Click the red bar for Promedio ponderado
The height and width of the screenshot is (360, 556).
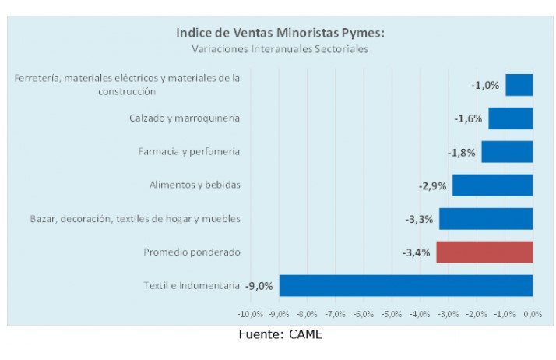(x=484, y=252)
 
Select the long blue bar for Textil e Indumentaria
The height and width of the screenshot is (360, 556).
(x=406, y=286)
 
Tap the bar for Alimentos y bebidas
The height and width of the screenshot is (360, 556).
(x=492, y=185)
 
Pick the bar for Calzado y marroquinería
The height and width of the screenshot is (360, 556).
(x=510, y=118)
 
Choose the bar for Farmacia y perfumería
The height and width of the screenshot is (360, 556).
(x=507, y=152)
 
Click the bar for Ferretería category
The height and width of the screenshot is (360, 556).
(x=519, y=85)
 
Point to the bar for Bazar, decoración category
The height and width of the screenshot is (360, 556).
(x=486, y=219)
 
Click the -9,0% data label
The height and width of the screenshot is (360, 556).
(x=259, y=286)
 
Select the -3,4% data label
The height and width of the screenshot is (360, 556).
(x=416, y=252)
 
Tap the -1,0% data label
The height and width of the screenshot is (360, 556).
(x=485, y=85)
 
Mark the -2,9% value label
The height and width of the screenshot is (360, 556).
(x=432, y=185)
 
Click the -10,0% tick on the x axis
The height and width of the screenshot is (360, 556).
(x=251, y=315)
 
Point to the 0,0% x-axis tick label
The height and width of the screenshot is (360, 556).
(x=533, y=315)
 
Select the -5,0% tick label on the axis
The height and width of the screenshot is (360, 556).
(x=392, y=315)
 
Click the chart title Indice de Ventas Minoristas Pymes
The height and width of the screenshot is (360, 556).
(x=280, y=33)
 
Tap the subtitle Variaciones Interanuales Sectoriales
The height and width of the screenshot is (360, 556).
(x=280, y=48)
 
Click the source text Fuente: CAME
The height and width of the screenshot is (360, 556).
(x=280, y=335)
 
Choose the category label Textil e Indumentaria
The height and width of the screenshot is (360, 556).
(x=192, y=286)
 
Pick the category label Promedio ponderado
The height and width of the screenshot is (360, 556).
(x=192, y=252)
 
